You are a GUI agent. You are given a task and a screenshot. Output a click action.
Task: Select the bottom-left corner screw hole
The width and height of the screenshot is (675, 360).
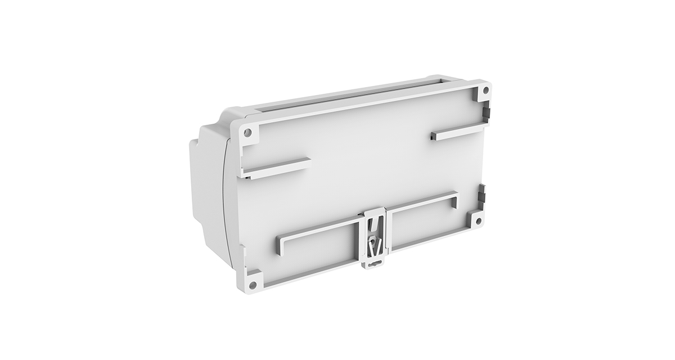pos(253,285)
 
